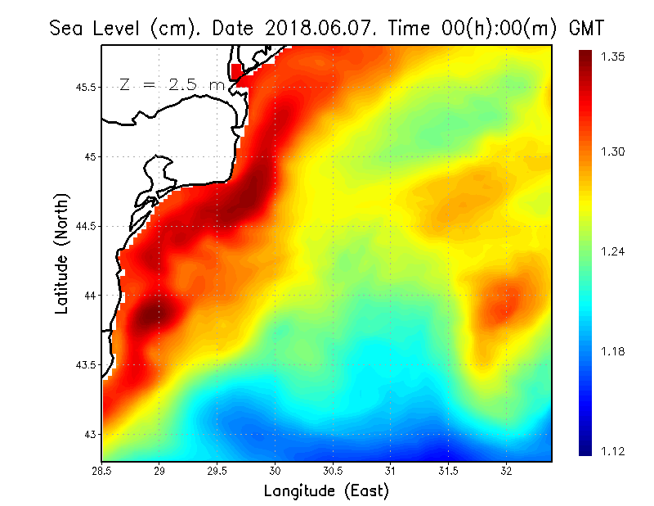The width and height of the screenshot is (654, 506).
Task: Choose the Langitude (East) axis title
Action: [326, 491]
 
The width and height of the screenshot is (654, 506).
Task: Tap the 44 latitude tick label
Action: [91, 295]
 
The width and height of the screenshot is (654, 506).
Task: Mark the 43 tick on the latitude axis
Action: [91, 434]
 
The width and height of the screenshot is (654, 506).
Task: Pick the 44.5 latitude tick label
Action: [84, 226]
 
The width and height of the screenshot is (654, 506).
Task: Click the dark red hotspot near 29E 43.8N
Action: [152, 315]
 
